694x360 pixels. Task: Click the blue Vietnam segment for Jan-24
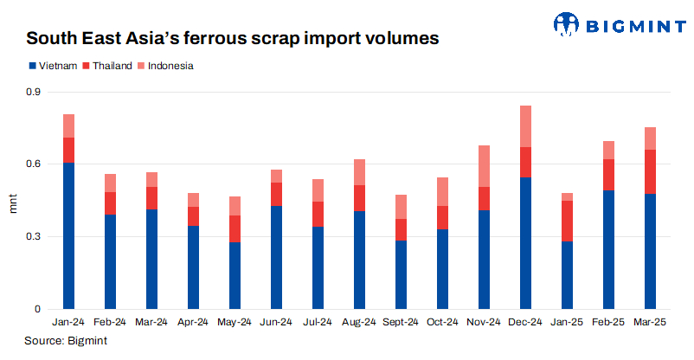point(68,235)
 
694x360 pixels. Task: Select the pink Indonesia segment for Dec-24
point(525,126)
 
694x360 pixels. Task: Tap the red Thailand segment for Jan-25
point(567,221)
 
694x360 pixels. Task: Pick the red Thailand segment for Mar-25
point(650,171)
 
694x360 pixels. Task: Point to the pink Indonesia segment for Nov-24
point(484,166)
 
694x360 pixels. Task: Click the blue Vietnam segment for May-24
point(235,275)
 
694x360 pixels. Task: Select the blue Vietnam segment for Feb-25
point(608,249)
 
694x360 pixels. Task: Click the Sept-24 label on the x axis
point(401,322)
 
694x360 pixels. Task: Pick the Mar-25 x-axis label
point(650,322)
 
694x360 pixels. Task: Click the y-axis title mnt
point(12,205)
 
